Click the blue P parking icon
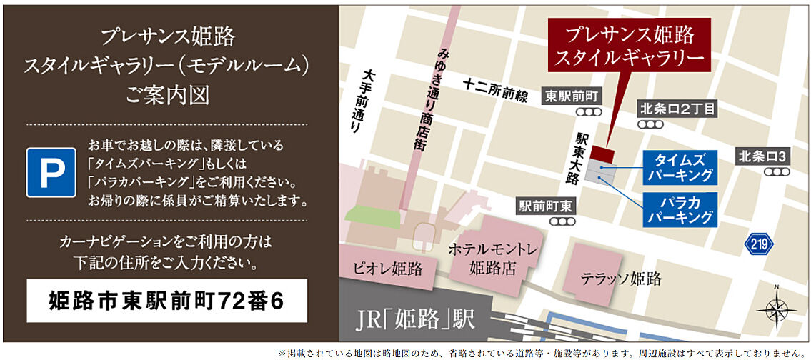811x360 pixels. (x=51, y=172)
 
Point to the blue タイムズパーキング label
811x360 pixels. (x=680, y=167)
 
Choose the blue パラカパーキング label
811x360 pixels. (x=680, y=209)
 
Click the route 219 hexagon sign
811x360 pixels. (x=758, y=244)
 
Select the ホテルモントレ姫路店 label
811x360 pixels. (x=492, y=259)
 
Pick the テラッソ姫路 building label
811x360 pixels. (x=620, y=279)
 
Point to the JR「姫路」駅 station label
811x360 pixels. (x=414, y=319)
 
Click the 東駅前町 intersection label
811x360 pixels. (x=573, y=96)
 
